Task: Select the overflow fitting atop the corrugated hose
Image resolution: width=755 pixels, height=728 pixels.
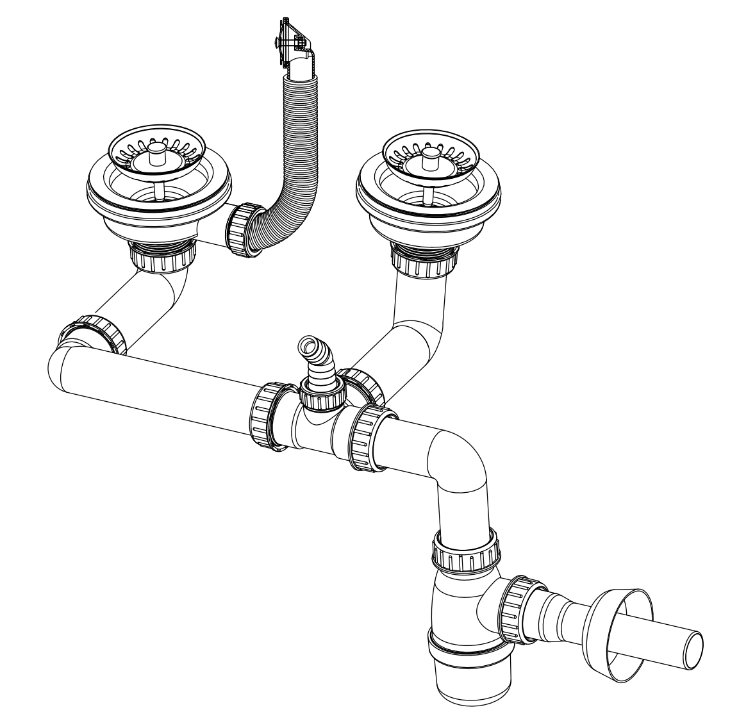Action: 292,45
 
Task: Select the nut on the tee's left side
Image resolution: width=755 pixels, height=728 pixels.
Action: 268,417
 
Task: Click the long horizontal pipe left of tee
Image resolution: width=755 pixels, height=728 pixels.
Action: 154,391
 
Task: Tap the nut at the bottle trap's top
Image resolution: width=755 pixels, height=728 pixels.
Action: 465,553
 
